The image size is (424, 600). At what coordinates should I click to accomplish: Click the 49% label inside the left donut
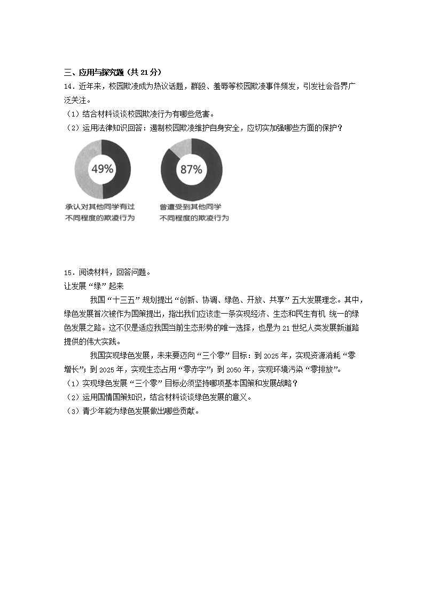(102, 169)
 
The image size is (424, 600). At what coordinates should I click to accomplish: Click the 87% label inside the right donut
(191, 169)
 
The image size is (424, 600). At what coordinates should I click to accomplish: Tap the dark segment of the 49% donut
(122, 168)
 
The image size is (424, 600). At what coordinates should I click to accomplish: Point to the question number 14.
(68, 86)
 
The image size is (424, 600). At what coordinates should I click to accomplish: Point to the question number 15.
(68, 271)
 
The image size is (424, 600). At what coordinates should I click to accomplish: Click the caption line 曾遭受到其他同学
(191, 206)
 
